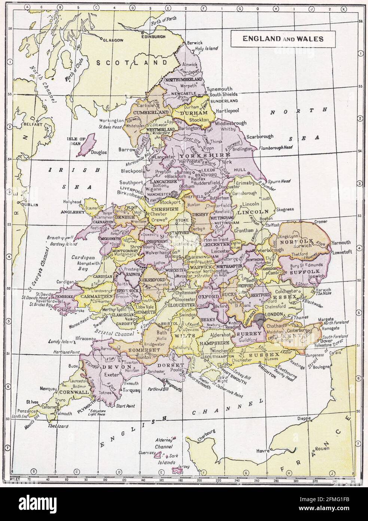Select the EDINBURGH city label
click(153, 36)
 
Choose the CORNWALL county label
click(73, 392)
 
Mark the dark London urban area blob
click(259, 317)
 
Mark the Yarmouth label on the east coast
click(339, 243)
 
